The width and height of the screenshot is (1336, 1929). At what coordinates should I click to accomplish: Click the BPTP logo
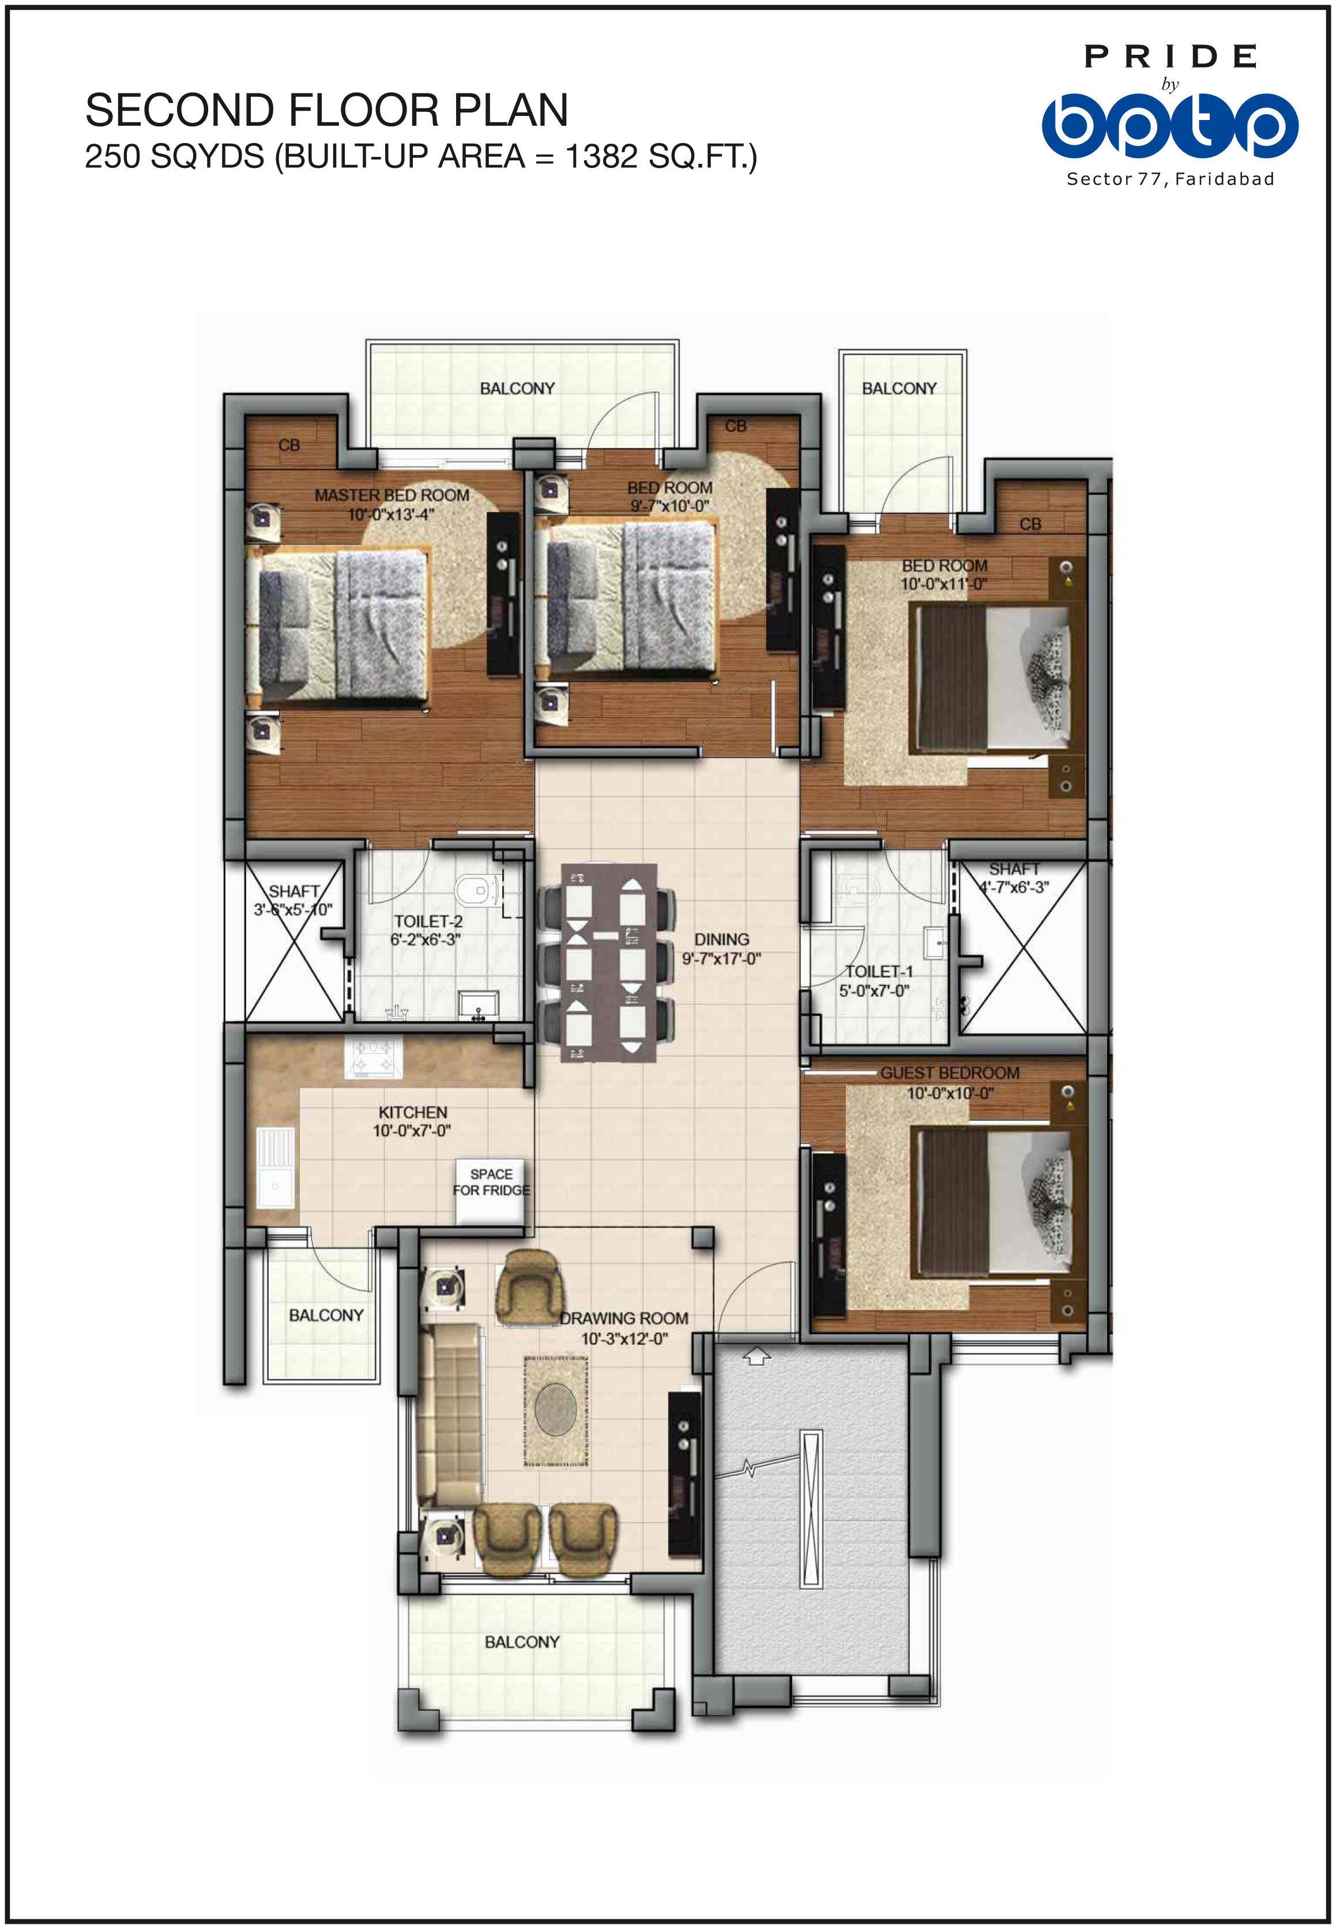(x=1169, y=126)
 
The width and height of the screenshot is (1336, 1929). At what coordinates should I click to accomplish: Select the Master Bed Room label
(x=392, y=496)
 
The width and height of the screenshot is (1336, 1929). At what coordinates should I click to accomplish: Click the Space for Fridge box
(x=491, y=1191)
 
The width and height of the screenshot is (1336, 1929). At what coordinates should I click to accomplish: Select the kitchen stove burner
(x=372, y=1057)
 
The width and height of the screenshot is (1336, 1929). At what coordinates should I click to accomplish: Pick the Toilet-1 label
(x=879, y=971)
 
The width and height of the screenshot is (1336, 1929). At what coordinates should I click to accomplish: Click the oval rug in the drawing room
(x=555, y=1411)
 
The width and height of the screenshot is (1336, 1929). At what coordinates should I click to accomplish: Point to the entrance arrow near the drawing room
(x=756, y=1356)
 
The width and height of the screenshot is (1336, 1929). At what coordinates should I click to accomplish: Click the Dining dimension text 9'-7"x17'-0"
(x=721, y=959)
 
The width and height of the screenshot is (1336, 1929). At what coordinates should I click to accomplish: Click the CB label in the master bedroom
(x=289, y=445)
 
